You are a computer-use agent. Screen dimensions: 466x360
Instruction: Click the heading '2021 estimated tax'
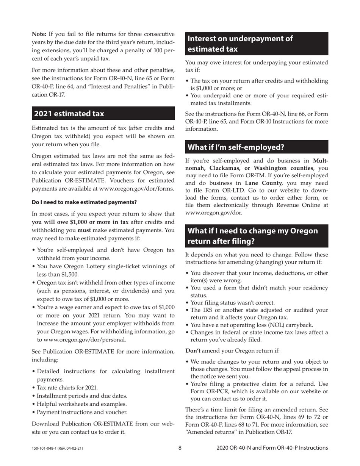[x=69, y=114]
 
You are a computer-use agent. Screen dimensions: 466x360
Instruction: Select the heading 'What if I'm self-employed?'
[x=236, y=147]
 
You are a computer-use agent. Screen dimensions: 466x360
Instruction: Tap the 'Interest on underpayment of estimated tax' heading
[x=240, y=44]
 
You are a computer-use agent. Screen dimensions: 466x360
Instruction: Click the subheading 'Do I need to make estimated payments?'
[x=84, y=202]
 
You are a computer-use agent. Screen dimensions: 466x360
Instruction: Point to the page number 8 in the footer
[x=180, y=448]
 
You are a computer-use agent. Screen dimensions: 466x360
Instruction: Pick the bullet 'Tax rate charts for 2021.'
[x=67, y=388]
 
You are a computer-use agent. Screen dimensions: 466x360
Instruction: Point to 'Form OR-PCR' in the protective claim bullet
[x=207, y=391]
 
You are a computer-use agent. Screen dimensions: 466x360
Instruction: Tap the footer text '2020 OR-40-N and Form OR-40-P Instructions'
[x=272, y=448]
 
